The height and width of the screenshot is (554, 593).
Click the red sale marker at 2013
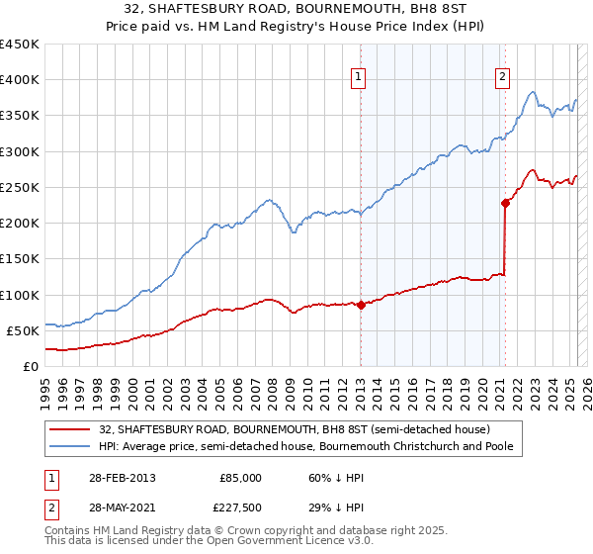click(x=361, y=305)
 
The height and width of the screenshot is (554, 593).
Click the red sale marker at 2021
click(x=505, y=203)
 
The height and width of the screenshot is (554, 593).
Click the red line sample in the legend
click(x=71, y=429)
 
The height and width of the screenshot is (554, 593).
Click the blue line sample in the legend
click(x=71, y=446)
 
